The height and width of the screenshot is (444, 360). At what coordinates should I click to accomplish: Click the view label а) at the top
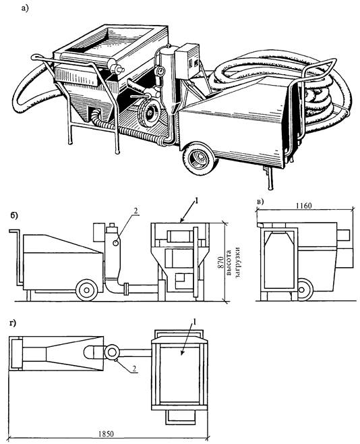tap(25, 9)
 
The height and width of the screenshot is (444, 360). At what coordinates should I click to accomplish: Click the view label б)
tap(14, 215)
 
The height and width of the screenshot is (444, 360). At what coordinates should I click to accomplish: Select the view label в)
tap(260, 202)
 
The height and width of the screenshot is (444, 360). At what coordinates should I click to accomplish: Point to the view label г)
tap(12, 323)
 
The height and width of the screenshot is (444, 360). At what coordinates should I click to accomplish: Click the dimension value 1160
tap(304, 206)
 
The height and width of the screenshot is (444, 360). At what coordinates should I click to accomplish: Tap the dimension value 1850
tap(107, 434)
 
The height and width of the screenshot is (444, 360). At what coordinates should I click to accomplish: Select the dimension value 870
tap(220, 262)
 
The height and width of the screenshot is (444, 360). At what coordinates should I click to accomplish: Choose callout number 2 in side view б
tap(136, 211)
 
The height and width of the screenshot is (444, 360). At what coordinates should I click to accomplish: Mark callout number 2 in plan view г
tap(134, 368)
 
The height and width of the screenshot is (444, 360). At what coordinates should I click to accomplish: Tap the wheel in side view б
tap(87, 290)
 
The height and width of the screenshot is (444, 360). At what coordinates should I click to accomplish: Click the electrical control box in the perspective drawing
tap(187, 61)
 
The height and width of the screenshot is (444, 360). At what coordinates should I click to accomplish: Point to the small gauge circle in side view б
tap(116, 243)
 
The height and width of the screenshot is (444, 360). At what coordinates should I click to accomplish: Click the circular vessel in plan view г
tap(112, 352)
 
